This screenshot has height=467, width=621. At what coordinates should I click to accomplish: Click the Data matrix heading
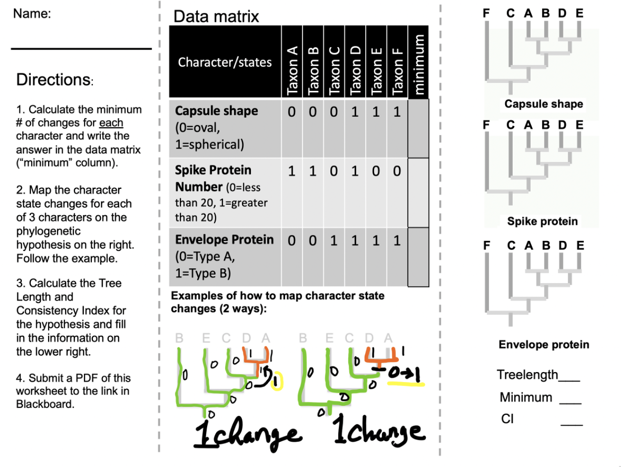(216, 17)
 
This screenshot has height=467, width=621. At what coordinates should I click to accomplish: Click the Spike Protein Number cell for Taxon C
(334, 171)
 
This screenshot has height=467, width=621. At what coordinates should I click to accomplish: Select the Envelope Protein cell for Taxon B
(313, 240)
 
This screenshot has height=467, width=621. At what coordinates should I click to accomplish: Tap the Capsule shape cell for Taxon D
(355, 111)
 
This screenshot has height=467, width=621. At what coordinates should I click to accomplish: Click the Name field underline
(81, 49)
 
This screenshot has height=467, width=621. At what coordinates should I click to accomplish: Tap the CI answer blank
(571, 425)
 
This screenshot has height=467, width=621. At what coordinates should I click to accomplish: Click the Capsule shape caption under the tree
(543, 104)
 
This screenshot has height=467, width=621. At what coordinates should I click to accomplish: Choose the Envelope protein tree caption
(543, 345)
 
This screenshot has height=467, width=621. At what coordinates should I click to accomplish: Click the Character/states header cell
(225, 63)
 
